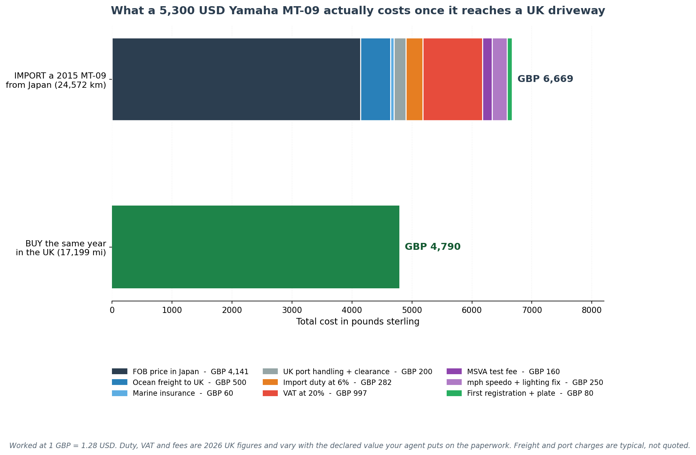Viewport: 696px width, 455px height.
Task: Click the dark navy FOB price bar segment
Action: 236,79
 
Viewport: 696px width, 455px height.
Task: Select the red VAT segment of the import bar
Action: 452,79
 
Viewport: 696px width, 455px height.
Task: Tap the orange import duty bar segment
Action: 414,79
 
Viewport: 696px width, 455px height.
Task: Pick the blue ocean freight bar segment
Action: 376,79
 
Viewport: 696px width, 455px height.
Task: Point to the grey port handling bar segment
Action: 400,79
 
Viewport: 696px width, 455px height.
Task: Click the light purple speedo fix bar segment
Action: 500,79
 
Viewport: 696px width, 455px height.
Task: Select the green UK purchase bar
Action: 255,247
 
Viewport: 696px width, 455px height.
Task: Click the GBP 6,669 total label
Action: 545,79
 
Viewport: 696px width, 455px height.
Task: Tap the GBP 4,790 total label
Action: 432,247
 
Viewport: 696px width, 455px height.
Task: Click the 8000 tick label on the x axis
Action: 592,310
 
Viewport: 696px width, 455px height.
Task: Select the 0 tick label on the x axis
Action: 112,310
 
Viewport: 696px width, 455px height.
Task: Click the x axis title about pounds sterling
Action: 358,322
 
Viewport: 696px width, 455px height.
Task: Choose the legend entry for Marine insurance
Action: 172,393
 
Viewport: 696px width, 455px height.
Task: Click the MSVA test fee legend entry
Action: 503,372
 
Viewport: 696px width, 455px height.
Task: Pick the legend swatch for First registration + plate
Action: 454,393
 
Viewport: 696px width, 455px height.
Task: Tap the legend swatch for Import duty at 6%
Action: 270,383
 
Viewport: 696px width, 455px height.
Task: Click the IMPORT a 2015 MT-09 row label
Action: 56,80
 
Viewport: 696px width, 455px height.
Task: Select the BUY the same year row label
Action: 61,248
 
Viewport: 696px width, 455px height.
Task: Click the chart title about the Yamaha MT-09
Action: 358,11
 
